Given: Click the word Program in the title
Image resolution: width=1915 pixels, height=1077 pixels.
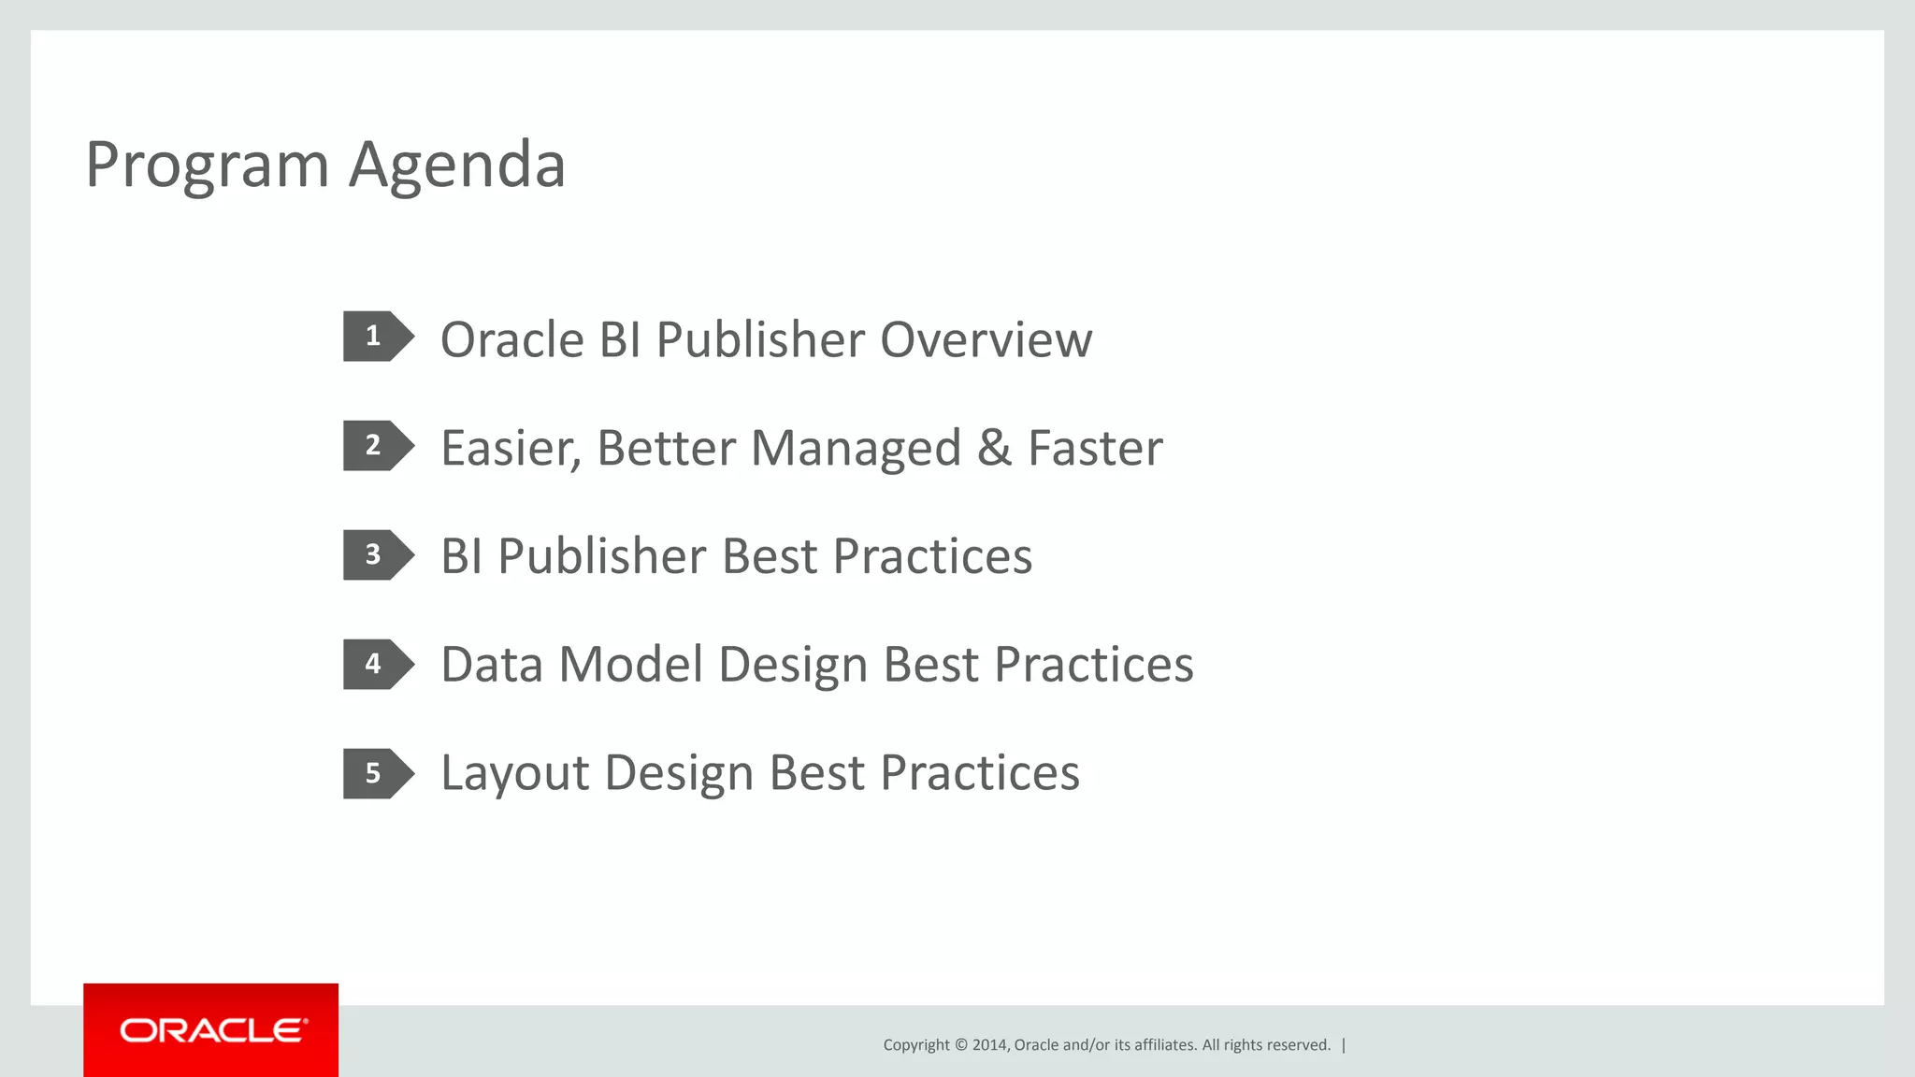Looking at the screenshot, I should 207,166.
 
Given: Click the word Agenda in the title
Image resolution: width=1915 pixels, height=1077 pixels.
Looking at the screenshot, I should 457,166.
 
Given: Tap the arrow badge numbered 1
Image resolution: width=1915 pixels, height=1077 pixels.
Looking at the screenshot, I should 376,337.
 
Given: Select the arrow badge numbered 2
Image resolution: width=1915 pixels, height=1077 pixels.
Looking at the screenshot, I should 376,446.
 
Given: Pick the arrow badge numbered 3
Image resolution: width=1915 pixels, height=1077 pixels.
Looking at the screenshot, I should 376,555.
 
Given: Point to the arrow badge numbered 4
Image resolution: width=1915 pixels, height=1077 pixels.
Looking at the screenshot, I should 376,665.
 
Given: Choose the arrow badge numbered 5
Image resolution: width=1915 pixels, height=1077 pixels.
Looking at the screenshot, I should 376,774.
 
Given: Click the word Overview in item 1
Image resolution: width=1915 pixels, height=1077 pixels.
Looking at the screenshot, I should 986,340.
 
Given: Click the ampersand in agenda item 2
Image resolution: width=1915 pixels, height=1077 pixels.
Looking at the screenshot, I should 994,449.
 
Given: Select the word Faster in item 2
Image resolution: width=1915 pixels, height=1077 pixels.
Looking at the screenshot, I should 1095,449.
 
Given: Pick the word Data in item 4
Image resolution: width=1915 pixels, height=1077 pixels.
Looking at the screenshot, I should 492,666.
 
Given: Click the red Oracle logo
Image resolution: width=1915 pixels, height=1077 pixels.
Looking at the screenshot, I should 211,1030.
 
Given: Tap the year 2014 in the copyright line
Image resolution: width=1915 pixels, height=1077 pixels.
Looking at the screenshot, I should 989,1045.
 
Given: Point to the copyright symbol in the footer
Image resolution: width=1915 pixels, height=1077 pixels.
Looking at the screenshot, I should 960,1045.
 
